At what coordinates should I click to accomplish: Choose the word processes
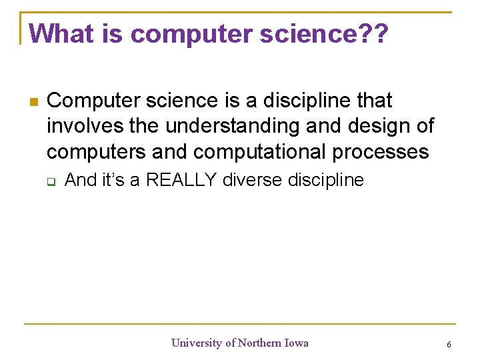point(381,152)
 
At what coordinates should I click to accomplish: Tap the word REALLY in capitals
point(181,180)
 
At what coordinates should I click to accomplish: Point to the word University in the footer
point(197,343)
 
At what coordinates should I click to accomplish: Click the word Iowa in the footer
point(297,343)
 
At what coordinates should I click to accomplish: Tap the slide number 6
point(449,344)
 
